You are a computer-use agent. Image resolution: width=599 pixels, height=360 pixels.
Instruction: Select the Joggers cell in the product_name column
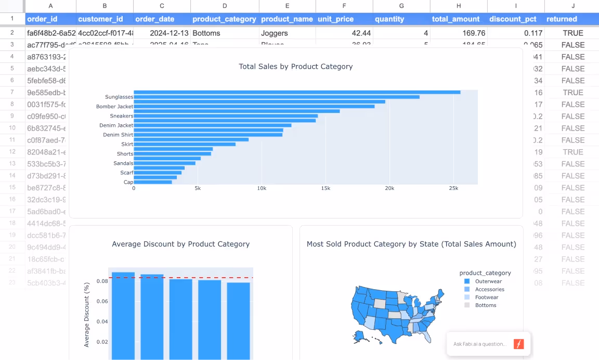click(x=275, y=33)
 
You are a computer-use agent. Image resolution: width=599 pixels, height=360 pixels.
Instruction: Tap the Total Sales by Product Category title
click(x=295, y=67)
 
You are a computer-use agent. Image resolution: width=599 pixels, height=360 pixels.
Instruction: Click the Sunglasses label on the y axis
click(x=119, y=97)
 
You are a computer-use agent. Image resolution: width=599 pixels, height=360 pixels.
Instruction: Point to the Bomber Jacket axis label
click(x=114, y=107)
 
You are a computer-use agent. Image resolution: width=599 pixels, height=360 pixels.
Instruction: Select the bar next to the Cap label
click(x=153, y=182)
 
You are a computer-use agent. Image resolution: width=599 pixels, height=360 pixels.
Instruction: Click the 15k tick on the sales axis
click(x=325, y=188)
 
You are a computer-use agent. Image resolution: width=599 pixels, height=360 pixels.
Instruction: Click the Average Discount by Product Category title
click(x=180, y=244)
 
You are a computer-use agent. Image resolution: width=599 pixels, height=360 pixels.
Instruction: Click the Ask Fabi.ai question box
click(x=479, y=344)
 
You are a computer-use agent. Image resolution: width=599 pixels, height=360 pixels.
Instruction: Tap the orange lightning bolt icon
click(x=518, y=344)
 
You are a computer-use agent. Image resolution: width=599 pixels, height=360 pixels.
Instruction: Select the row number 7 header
click(x=12, y=92)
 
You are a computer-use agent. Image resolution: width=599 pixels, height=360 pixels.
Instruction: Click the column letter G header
click(x=401, y=6)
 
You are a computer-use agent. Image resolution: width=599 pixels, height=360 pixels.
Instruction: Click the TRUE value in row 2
click(x=572, y=33)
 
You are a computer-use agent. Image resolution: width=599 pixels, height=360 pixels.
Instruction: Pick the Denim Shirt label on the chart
click(x=118, y=135)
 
